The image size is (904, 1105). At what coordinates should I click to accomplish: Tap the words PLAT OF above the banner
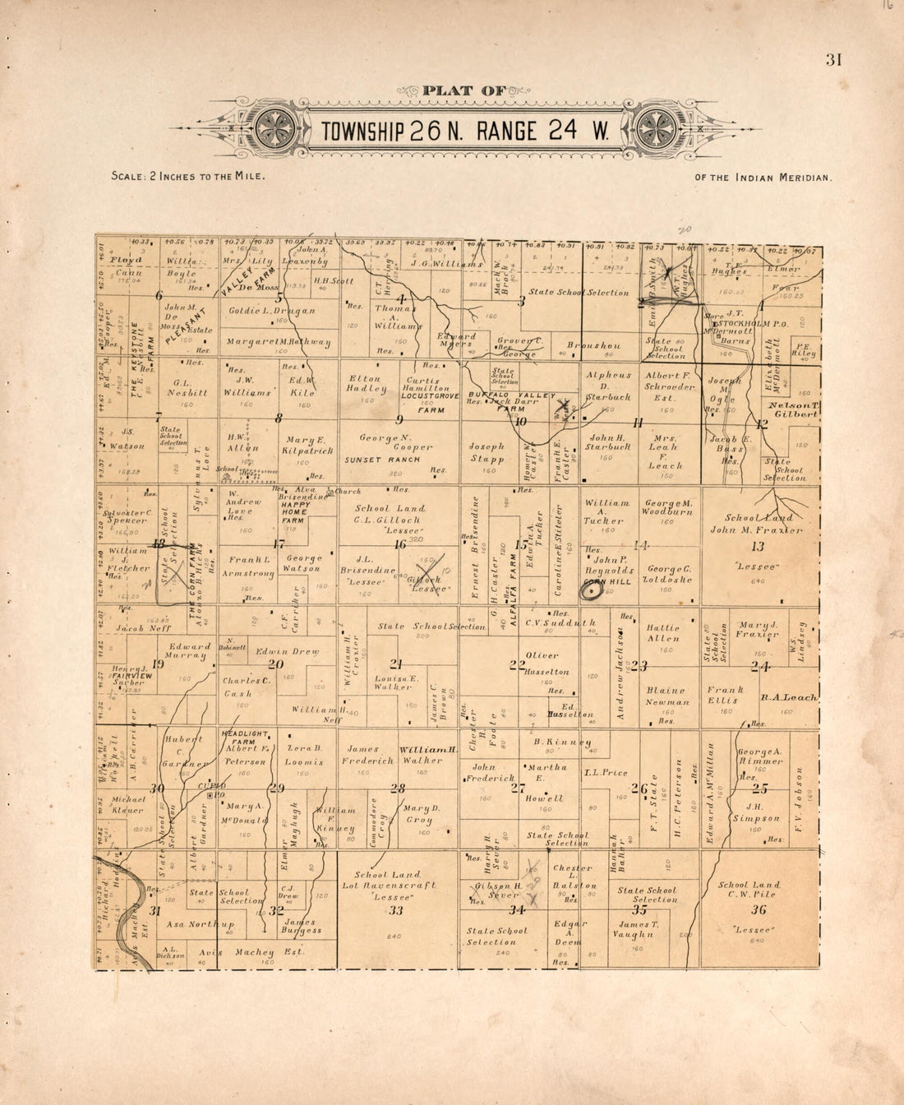(464, 90)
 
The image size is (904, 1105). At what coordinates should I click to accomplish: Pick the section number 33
(396, 910)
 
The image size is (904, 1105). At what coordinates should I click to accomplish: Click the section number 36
(759, 909)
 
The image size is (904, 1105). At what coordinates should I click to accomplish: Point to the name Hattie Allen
(663, 632)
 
